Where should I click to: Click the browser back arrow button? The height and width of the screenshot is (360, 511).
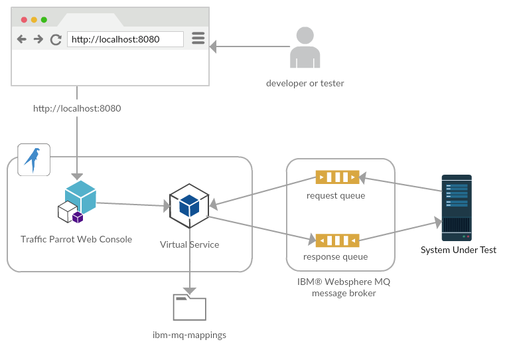click(22, 39)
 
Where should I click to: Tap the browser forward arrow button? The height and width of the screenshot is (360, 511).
click(38, 39)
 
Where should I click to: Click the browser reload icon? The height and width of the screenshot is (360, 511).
click(56, 39)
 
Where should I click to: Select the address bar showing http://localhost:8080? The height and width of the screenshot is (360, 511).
click(125, 39)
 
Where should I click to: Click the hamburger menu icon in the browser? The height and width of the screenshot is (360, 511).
click(198, 39)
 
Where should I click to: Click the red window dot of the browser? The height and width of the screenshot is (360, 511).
click(24, 20)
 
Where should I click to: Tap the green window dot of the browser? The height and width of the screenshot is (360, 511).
click(44, 20)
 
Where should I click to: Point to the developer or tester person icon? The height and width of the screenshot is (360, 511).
click(305, 48)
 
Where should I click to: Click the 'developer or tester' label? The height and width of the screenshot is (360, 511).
click(305, 84)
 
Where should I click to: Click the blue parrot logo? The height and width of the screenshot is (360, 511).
click(33, 159)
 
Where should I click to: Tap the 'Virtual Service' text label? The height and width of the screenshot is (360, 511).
click(189, 244)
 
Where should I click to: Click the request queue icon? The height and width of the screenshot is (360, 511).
click(336, 177)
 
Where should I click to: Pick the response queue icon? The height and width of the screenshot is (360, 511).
click(336, 239)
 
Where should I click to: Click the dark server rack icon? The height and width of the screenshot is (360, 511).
click(457, 207)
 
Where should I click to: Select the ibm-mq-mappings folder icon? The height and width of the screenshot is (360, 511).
click(189, 308)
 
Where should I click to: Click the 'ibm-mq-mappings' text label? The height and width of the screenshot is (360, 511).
click(189, 335)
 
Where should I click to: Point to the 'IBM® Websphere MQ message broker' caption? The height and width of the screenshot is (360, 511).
click(344, 287)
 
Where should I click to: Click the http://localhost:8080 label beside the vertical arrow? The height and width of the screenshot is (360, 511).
click(77, 108)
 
